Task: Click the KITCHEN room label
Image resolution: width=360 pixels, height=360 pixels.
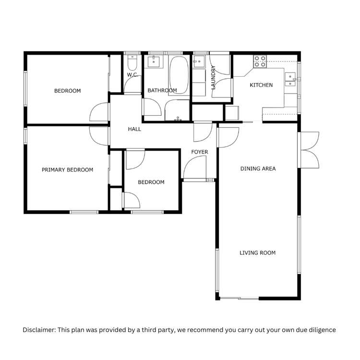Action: point(261,85)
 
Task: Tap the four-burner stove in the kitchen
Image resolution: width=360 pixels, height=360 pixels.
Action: point(260,60)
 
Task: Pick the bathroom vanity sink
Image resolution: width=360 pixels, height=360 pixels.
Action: point(155,61)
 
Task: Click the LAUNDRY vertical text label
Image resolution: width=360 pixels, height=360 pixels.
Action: point(213,77)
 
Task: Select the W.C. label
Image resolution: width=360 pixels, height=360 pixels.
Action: point(133,75)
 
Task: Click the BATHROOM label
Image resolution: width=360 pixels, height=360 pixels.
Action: point(162,90)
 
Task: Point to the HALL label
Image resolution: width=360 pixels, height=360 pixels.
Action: point(134,129)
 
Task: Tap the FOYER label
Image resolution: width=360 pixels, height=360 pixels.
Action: point(200,152)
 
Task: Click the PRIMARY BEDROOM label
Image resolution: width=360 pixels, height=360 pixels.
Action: point(67,170)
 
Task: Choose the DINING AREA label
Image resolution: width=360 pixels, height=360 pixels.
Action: point(258,168)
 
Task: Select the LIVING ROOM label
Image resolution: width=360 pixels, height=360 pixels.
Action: point(257,252)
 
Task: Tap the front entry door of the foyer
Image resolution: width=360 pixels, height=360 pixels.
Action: point(196,169)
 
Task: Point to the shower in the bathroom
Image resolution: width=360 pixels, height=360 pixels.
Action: point(178,111)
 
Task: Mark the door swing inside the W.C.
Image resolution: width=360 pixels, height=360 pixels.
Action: point(132,85)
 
